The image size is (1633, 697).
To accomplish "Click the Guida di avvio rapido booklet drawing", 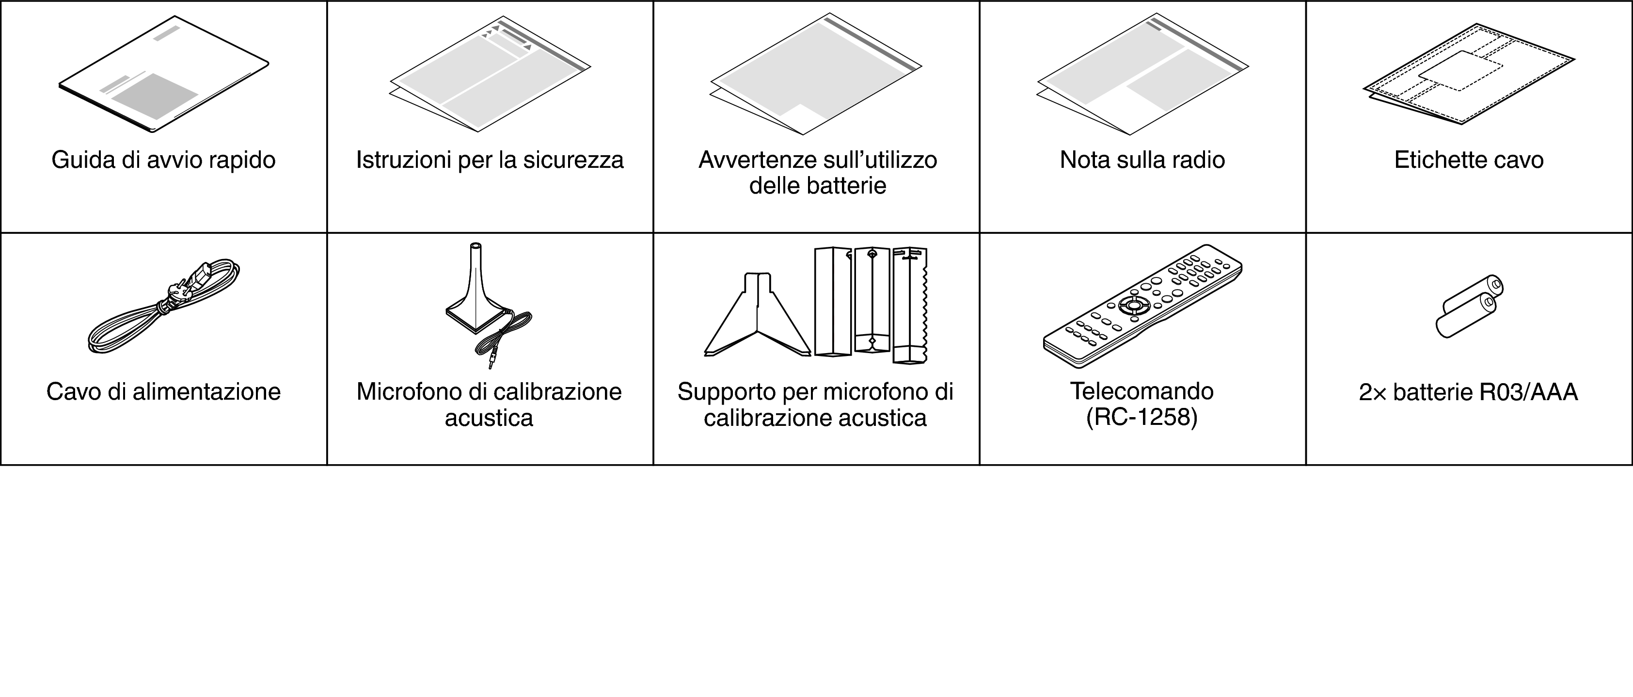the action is [x=163, y=74].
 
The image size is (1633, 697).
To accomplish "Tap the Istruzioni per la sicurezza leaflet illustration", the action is [x=490, y=75].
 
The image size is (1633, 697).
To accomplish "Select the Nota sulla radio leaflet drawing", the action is [x=1142, y=75].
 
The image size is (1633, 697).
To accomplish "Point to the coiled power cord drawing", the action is [x=163, y=306].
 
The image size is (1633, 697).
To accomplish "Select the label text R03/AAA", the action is [x=1528, y=392].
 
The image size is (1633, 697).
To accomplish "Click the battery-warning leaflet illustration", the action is [x=816, y=74].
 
